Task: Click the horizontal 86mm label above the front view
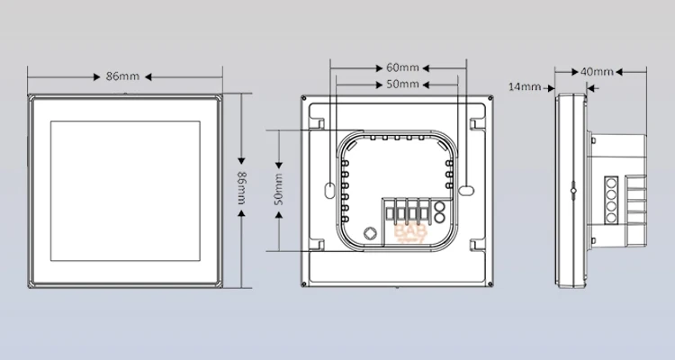pyautogui.click(x=121, y=76)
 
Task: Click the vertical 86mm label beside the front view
pyautogui.click(x=242, y=192)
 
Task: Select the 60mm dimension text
pyautogui.click(x=401, y=67)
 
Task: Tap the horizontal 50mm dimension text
pyautogui.click(x=401, y=85)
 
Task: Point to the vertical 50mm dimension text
pyautogui.click(x=279, y=191)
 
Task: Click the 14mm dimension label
pyautogui.click(x=524, y=86)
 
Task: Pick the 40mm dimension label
pyautogui.click(x=597, y=71)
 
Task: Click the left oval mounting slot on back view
pyautogui.click(x=329, y=191)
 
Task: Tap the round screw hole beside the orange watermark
pyautogui.click(x=369, y=232)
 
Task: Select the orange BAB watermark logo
pyautogui.click(x=409, y=235)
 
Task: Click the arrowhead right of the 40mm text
pyautogui.click(x=619, y=71)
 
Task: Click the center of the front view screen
pyautogui.click(x=123, y=191)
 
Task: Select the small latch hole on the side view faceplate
pyautogui.click(x=571, y=191)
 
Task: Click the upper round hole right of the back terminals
pyautogui.click(x=439, y=205)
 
